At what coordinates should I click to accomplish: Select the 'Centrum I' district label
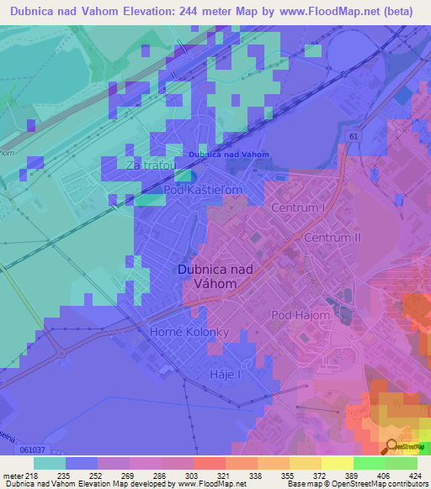pos(298,207)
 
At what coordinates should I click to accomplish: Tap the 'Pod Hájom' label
pos(300,315)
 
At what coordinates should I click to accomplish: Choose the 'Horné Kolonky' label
pos(189,333)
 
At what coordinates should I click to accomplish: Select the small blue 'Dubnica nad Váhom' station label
pos(229,155)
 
